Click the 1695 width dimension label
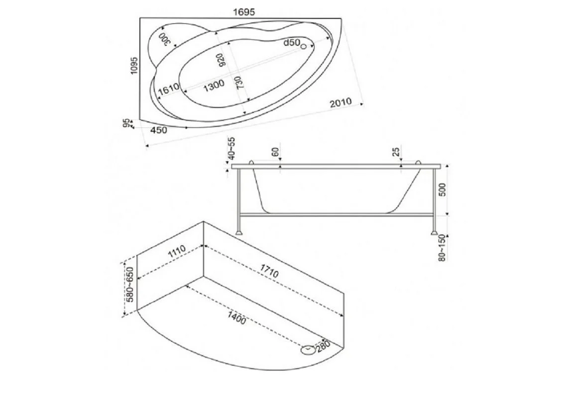pos(244,12)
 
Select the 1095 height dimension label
pos(134,66)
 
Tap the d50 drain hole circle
pos(304,46)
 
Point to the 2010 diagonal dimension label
pos(341,102)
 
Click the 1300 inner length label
pos(214,86)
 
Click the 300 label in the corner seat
pos(164,39)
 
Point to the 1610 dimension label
pos(168,89)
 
